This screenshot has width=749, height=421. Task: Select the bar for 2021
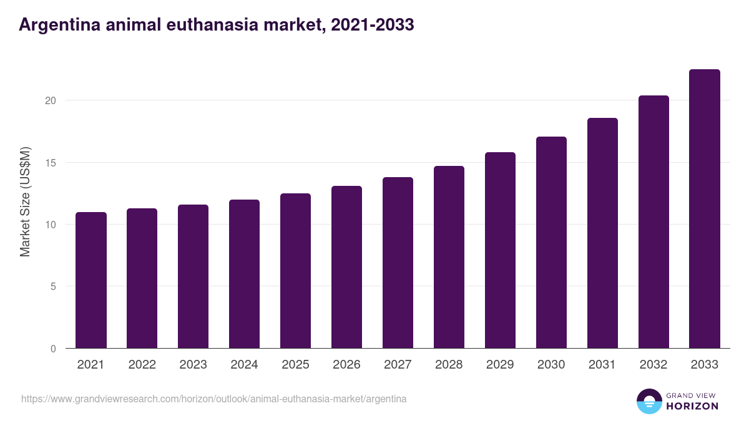pyautogui.click(x=91, y=281)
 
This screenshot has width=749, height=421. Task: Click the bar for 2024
pyautogui.click(x=244, y=274)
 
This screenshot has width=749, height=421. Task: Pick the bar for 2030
pyautogui.click(x=551, y=243)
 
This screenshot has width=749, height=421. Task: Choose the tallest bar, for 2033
pyautogui.click(x=705, y=209)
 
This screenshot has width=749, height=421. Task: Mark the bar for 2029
pyautogui.click(x=500, y=250)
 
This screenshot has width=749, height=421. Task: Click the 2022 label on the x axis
pyautogui.click(x=142, y=365)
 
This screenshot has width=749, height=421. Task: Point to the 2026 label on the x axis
pyautogui.click(x=346, y=365)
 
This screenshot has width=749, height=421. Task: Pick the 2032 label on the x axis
pyautogui.click(x=654, y=365)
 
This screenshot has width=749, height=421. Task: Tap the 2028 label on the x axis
pyautogui.click(x=449, y=365)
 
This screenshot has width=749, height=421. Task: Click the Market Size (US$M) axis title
pyautogui.click(x=25, y=201)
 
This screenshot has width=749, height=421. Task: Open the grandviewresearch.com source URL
pyautogui.click(x=213, y=399)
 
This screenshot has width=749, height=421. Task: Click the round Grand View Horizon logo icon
pyautogui.click(x=649, y=401)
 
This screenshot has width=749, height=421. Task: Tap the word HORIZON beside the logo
pyautogui.click(x=693, y=406)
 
